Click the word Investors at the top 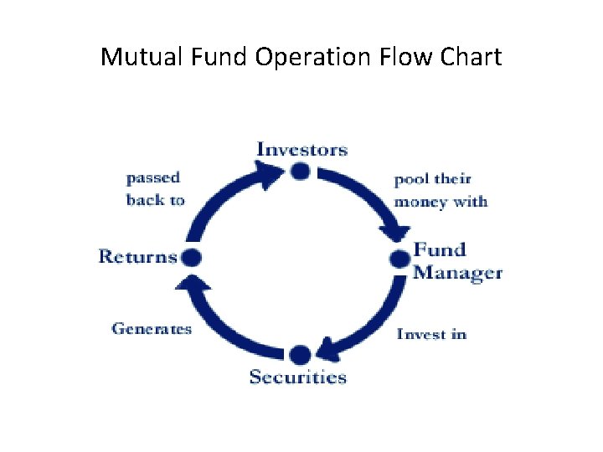(301, 150)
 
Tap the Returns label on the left (137, 256)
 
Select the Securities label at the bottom (297, 377)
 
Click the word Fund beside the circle (439, 249)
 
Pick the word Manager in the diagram (457, 273)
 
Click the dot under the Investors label (301, 172)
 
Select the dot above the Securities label (300, 353)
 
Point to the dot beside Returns (192, 257)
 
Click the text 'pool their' (432, 179)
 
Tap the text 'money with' (440, 202)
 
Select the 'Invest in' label (431, 334)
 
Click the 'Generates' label (152, 329)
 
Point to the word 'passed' (152, 178)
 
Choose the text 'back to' (155, 200)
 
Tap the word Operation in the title (315, 57)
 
